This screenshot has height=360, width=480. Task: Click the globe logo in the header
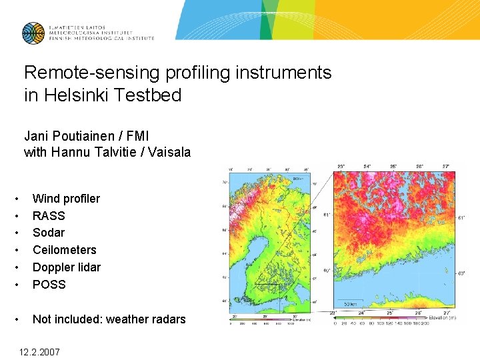click(33, 33)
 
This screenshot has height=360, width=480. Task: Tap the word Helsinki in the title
click(83, 95)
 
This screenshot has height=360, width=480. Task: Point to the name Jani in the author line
click(37, 136)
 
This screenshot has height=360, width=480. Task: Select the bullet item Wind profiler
click(66, 199)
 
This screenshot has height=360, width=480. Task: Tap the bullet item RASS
click(49, 216)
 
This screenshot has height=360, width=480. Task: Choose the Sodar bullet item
click(49, 233)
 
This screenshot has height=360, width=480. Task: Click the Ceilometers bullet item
click(64, 250)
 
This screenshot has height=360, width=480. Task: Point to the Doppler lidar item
click(67, 267)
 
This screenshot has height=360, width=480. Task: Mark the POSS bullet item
click(49, 285)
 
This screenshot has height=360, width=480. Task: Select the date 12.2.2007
click(39, 351)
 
